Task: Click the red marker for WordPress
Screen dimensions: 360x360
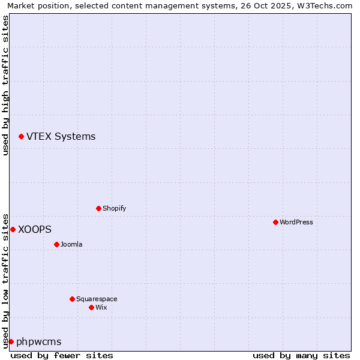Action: click(x=275, y=222)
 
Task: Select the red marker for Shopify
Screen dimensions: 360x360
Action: click(x=98, y=208)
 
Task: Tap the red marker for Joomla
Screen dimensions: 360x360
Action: click(x=56, y=244)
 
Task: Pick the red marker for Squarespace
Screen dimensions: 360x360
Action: click(x=72, y=299)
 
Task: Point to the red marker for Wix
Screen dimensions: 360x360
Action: click(x=91, y=307)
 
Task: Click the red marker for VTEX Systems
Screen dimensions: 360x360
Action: click(x=21, y=137)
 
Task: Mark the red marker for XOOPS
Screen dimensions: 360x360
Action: click(x=13, y=229)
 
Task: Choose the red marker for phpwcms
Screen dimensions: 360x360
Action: click(x=11, y=341)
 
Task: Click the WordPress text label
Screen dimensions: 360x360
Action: click(x=296, y=222)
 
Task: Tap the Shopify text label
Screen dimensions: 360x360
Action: click(x=114, y=208)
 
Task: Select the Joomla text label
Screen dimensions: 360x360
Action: click(x=71, y=244)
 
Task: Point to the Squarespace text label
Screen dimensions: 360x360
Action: click(x=97, y=299)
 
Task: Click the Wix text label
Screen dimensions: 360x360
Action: click(x=101, y=307)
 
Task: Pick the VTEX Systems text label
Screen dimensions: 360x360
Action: click(x=61, y=137)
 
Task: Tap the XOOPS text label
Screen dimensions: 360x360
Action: click(x=35, y=229)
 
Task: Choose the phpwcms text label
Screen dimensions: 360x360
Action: click(x=39, y=341)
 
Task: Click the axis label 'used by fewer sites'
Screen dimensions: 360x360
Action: click(x=62, y=355)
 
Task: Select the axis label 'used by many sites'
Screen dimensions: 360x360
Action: click(x=301, y=355)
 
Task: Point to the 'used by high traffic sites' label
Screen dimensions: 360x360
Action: click(x=5, y=85)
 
